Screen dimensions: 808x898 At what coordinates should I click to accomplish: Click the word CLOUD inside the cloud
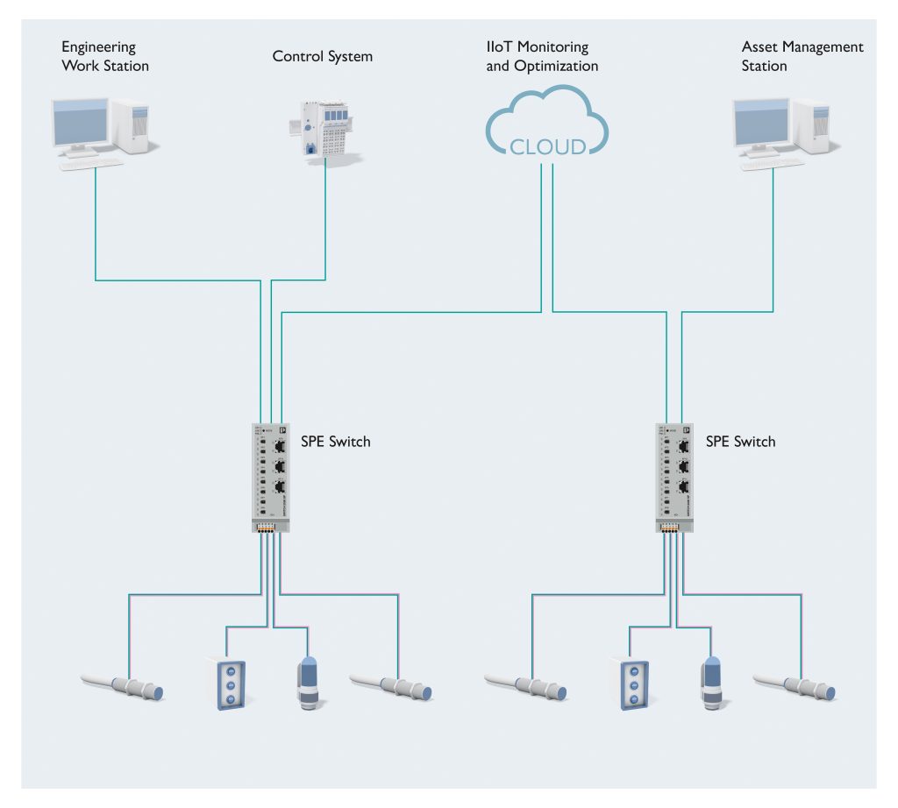[548, 145]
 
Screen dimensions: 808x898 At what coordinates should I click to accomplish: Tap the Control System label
[323, 57]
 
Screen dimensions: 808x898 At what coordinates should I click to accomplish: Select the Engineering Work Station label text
[104, 56]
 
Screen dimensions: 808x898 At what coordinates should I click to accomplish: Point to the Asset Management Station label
[802, 56]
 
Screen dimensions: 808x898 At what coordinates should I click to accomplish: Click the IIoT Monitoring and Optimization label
[542, 56]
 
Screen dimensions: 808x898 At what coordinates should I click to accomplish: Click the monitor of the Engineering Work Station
[81, 124]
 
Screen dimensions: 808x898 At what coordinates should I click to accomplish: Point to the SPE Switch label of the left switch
[337, 442]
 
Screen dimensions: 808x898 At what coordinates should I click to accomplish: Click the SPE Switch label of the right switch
[740, 442]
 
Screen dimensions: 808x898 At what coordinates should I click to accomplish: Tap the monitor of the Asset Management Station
[762, 124]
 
